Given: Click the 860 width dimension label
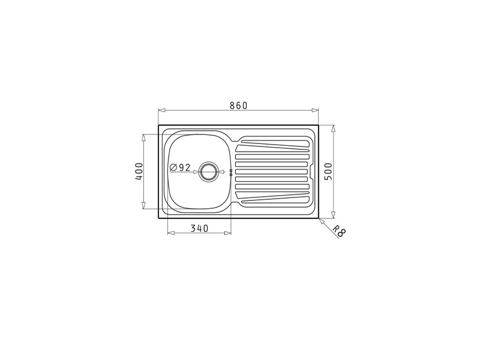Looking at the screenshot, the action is pos(238,106).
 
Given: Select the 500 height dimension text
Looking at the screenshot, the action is pos(328,172).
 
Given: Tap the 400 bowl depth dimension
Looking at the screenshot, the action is pos(139,171).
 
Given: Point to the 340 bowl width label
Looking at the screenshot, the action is pos(199,229).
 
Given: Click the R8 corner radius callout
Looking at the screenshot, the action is pos(339,231).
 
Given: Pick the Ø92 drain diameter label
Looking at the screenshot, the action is pos(180,167).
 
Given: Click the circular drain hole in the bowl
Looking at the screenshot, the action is pos(209,172).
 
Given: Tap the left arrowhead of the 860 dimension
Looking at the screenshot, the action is pos(161,110).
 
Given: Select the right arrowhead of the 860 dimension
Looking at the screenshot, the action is pos(315,110).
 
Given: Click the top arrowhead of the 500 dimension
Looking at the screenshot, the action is pos(334,128).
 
